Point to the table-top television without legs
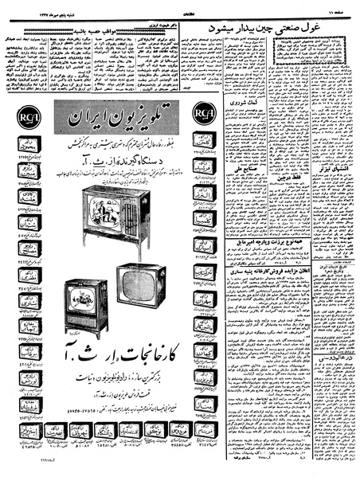coord(141,286)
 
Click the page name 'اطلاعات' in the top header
coord(180,9)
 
